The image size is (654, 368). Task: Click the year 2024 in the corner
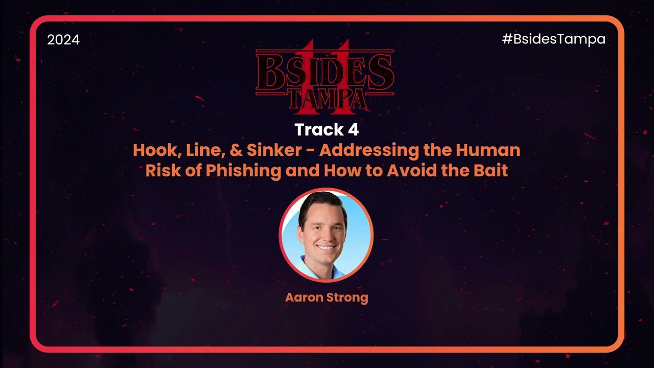(63, 40)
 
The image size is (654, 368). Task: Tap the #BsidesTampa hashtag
(554, 39)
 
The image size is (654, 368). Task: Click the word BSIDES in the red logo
(325, 73)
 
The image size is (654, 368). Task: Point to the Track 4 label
(326, 129)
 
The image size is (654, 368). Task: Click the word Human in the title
(488, 150)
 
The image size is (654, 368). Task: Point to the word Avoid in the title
(412, 171)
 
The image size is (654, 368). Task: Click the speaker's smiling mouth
(326, 247)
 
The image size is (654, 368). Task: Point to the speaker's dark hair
(322, 204)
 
